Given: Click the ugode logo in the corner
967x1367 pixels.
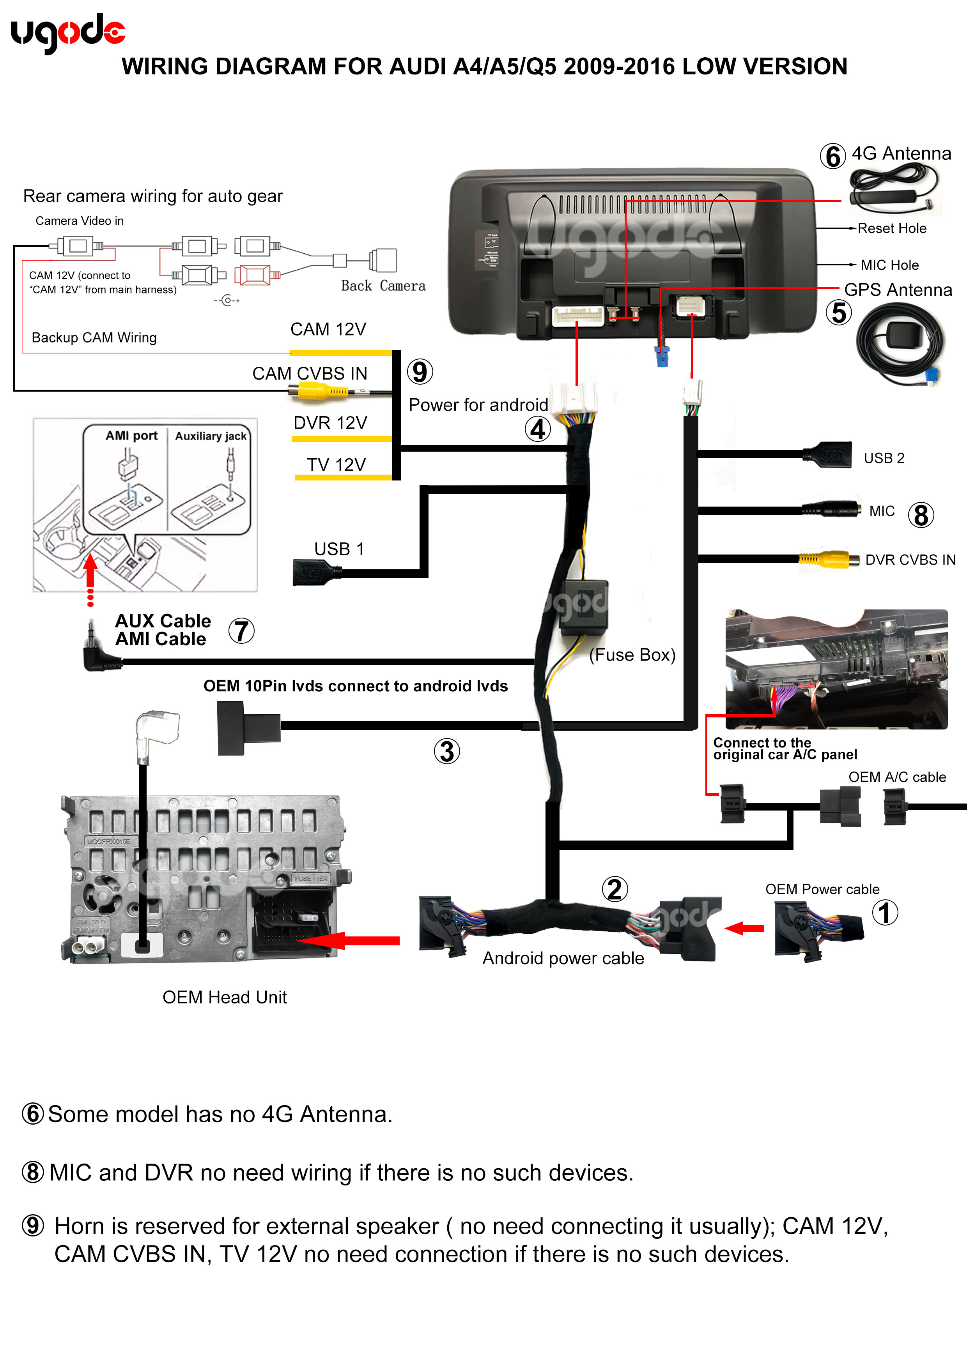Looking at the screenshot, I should (x=67, y=32).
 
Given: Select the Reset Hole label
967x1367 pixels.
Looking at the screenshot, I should (x=891, y=229).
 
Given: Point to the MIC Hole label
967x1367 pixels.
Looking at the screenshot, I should (x=889, y=265).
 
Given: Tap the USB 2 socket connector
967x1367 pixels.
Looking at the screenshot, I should (x=828, y=455).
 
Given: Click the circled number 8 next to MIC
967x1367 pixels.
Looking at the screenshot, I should (x=921, y=515).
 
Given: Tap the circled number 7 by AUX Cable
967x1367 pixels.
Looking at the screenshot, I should (x=241, y=631).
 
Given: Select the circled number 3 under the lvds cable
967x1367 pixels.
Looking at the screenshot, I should (x=447, y=751).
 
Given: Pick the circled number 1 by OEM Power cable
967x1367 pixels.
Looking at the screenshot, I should (x=885, y=913).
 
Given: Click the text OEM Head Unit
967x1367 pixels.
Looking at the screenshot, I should (x=225, y=997).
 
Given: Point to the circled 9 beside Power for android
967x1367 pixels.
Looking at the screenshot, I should (x=420, y=372).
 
